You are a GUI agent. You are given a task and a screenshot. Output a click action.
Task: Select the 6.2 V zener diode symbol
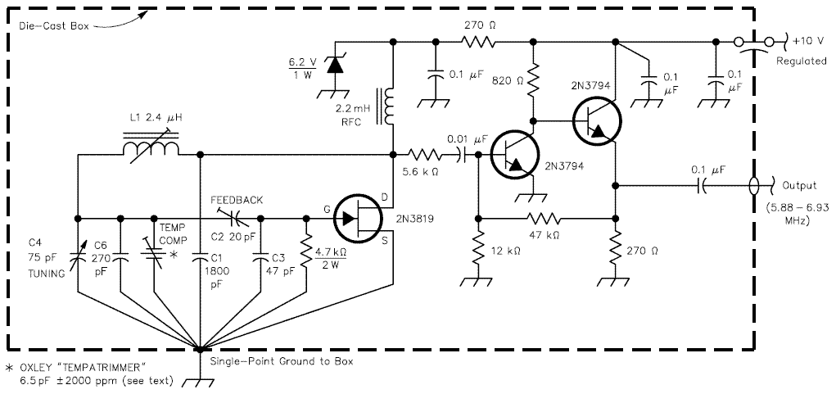[x=334, y=66]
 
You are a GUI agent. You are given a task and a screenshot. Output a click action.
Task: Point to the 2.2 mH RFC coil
[x=389, y=106]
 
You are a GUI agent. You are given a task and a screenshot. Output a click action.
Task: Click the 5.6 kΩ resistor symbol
[x=425, y=155]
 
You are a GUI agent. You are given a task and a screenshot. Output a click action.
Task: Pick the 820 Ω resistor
[x=532, y=80]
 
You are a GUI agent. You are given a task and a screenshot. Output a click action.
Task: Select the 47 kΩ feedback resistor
[x=544, y=219]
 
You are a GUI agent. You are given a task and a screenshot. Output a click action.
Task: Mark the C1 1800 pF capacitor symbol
[x=201, y=257]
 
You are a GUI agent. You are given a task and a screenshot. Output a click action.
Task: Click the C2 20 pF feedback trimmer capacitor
[x=231, y=218]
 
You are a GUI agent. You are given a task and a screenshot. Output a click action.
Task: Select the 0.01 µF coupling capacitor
[x=461, y=155]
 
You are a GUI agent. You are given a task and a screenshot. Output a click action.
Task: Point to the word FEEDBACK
[x=237, y=201]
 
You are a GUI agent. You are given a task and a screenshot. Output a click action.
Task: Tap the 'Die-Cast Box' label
[x=53, y=25]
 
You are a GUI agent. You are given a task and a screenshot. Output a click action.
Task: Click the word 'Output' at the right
[x=799, y=186]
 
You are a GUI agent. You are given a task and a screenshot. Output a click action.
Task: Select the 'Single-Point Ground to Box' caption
[x=282, y=361]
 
